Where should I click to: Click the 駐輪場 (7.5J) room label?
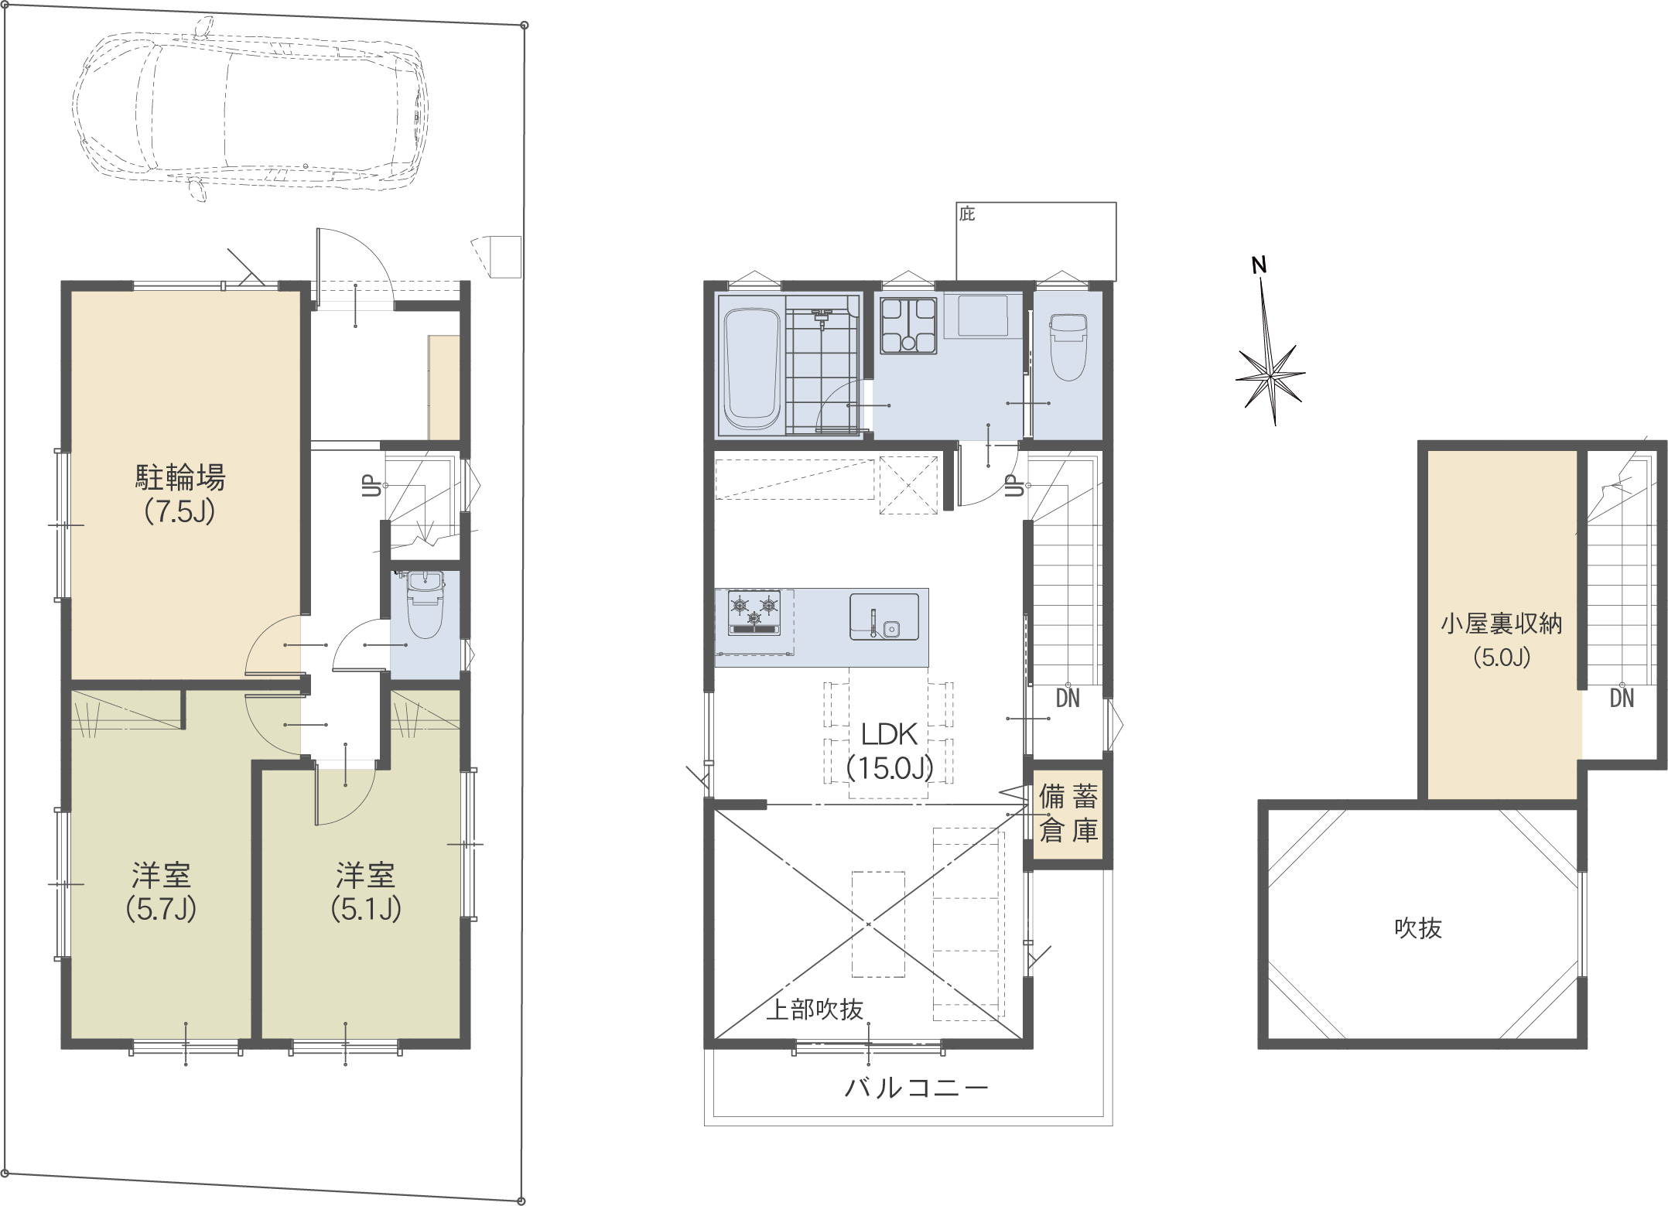coord(180,494)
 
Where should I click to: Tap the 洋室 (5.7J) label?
coord(161,892)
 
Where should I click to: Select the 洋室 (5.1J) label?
coord(366,892)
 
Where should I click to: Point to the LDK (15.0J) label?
coord(890,750)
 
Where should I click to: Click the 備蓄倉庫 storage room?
coord(1068,813)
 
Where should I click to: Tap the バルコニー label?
coord(917,1088)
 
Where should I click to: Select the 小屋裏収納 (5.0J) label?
coord(1502,640)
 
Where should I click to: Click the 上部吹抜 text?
coord(814,1010)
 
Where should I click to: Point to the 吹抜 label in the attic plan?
coord(1418,928)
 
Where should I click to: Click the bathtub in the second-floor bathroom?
coord(751,371)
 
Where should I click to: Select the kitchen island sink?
coord(884,617)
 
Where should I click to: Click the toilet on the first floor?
coord(424,604)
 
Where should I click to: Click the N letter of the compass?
coord(1260,265)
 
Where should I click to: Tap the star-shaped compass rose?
coord(1270,375)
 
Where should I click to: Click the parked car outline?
coord(251,109)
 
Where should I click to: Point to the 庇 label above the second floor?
coord(967,214)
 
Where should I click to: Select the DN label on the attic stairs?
coord(1622,699)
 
